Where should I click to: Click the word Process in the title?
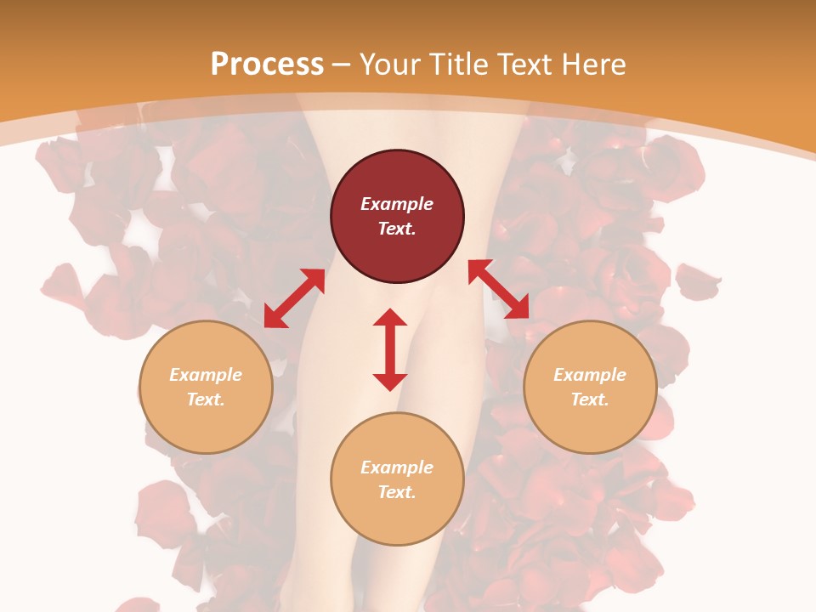click(x=267, y=65)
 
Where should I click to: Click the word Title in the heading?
click(x=460, y=65)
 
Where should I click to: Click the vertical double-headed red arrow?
click(x=390, y=349)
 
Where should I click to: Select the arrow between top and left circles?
click(x=294, y=298)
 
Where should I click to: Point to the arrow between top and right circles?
click(x=498, y=290)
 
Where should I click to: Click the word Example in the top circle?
click(x=397, y=204)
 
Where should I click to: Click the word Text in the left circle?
click(x=206, y=399)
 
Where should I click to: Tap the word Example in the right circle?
click(x=590, y=375)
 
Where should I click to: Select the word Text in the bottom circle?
click(x=397, y=492)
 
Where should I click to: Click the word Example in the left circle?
click(x=206, y=375)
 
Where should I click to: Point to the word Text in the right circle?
click(x=590, y=399)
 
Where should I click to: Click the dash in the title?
click(x=342, y=65)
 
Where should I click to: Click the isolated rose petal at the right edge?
click(x=697, y=280)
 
